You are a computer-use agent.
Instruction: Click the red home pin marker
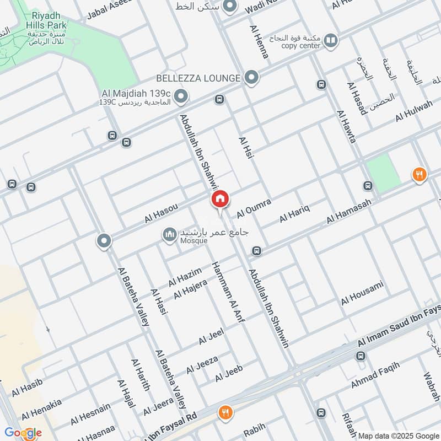(x=219, y=199)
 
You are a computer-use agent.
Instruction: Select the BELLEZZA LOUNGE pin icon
(x=252, y=78)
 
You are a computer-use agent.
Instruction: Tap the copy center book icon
(x=330, y=40)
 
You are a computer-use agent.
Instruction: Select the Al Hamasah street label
(x=349, y=211)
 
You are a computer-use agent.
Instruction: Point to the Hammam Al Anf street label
(x=228, y=292)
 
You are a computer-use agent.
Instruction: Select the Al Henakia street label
(x=41, y=408)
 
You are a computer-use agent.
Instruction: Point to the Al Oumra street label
(x=254, y=208)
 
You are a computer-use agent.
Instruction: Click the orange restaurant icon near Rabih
(x=225, y=412)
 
